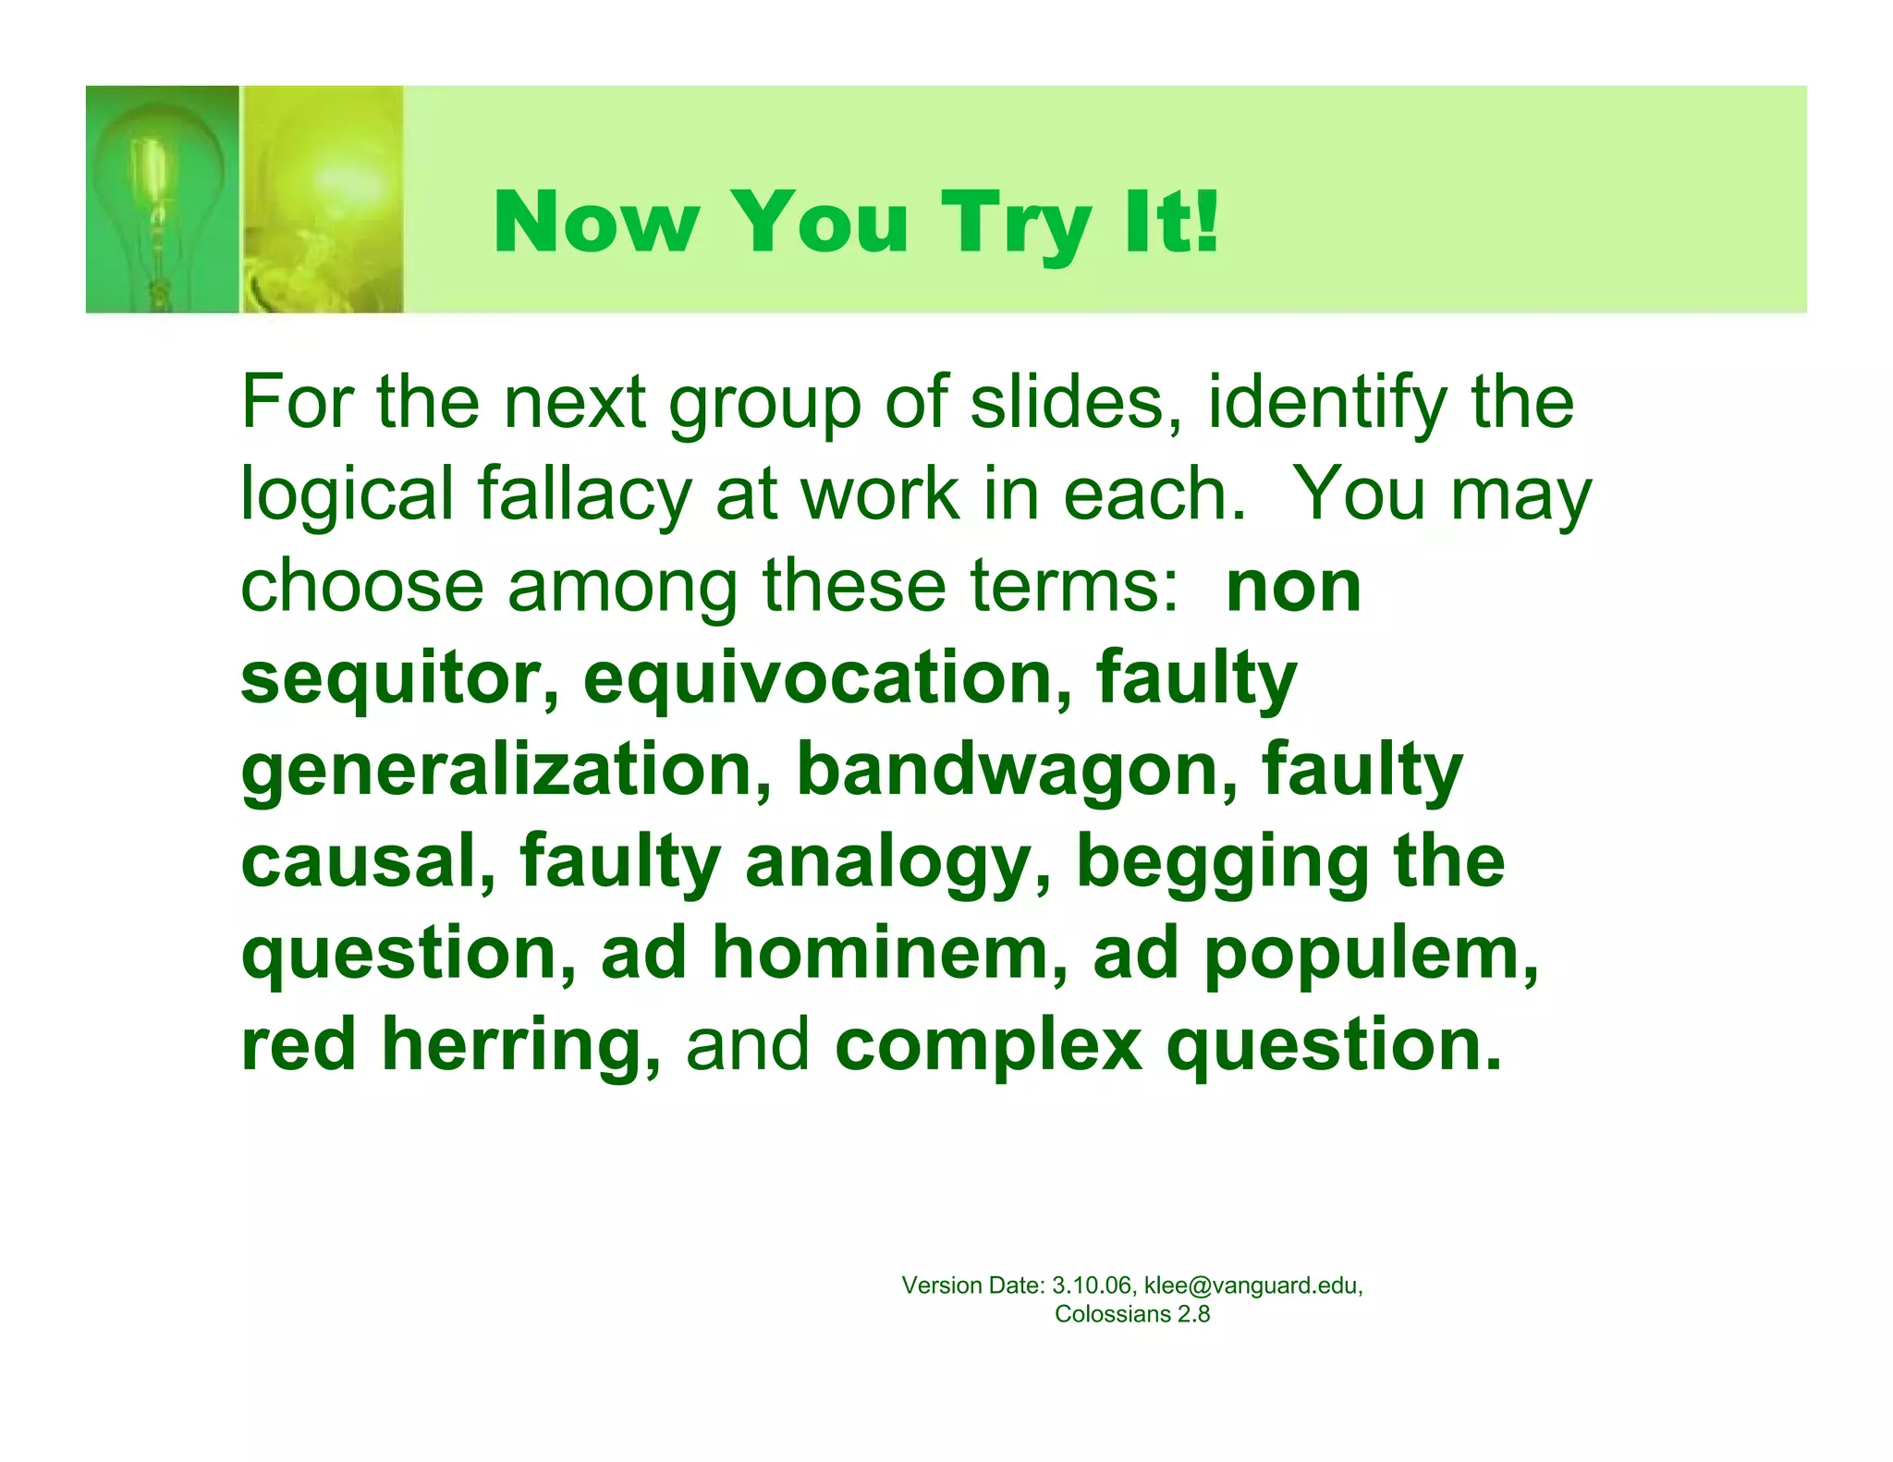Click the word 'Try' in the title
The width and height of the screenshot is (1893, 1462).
point(1018,223)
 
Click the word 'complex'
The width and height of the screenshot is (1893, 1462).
point(988,1045)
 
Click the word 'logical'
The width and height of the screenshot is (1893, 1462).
point(346,494)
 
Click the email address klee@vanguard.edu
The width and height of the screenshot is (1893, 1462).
point(1252,1285)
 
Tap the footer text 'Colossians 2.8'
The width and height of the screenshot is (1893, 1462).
point(1132,1314)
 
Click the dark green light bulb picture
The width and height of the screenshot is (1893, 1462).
point(162,199)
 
